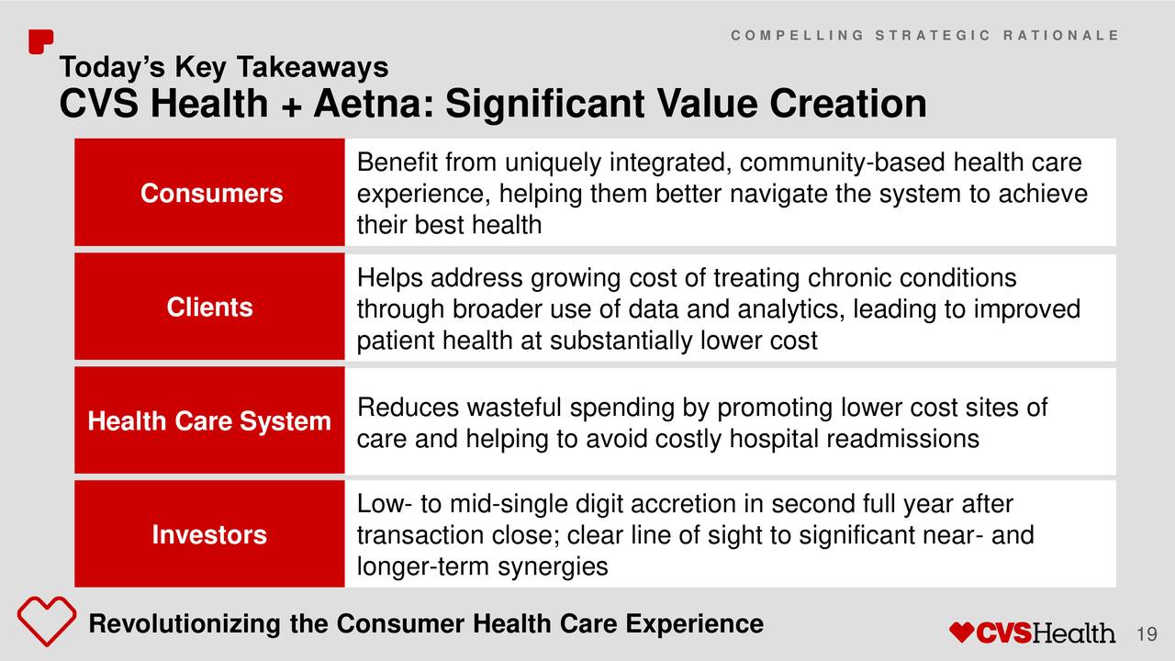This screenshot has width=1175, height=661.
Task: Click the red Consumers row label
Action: [211, 193]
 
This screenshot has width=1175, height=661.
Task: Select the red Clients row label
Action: [210, 307]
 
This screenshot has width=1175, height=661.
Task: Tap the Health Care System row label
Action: [209, 420]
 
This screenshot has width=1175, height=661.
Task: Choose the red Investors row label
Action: [209, 534]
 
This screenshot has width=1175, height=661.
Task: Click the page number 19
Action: [1147, 634]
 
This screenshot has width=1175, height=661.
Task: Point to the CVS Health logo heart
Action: [961, 633]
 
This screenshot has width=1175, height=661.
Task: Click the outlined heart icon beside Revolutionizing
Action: [47, 621]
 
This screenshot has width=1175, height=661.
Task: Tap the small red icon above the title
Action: [40, 41]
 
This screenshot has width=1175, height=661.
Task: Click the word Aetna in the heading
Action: [374, 104]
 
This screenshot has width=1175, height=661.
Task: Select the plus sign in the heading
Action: [291, 106]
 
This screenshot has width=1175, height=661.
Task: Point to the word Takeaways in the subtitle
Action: [313, 68]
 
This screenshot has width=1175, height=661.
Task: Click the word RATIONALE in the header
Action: [1061, 35]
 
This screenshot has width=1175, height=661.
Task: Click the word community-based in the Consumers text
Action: [843, 162]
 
